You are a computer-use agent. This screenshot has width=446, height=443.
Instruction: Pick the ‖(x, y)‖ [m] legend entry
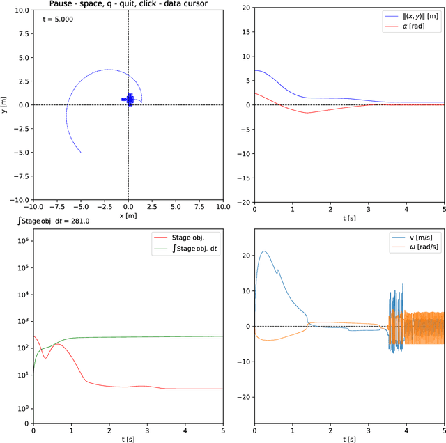pos(412,15)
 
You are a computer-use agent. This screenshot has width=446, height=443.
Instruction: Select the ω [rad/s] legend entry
pos(422,247)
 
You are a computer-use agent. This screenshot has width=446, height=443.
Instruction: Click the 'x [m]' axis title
pos(128,217)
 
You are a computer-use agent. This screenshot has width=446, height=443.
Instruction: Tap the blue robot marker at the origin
pos(128,99)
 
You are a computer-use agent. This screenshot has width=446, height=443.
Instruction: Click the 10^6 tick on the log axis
pos(22,240)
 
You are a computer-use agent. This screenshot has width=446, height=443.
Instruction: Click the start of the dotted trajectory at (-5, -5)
pos(80,153)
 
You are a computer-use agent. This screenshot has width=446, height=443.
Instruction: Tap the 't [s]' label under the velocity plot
pos(349,439)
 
